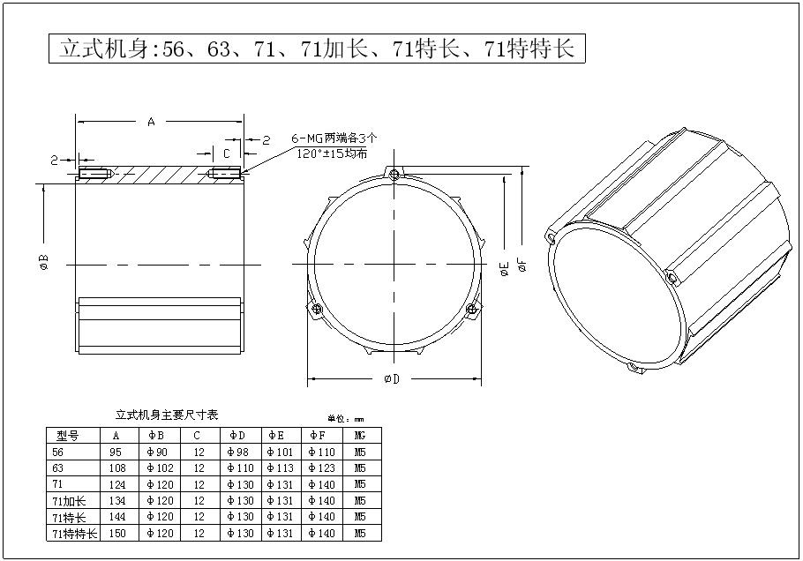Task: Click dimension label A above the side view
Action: (x=151, y=122)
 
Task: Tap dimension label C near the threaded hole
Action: (x=227, y=153)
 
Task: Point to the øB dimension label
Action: (x=44, y=262)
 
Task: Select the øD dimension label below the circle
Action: (x=392, y=378)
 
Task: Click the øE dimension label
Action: (x=505, y=268)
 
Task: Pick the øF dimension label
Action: (x=522, y=264)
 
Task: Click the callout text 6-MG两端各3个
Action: (x=334, y=138)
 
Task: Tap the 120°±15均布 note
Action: (x=332, y=153)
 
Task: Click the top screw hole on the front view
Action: (x=394, y=174)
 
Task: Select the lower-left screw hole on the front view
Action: (x=317, y=309)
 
